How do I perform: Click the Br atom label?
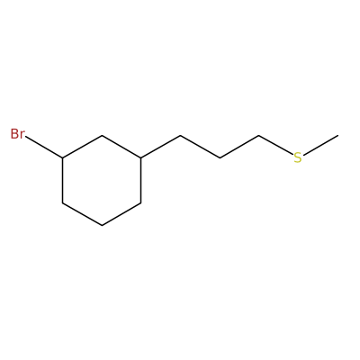point(17,134)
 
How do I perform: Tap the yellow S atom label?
point(298,157)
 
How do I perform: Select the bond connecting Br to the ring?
point(44,148)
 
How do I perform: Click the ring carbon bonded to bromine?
point(62,157)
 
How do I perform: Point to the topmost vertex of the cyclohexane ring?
point(102,136)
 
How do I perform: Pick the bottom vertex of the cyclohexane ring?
point(102,226)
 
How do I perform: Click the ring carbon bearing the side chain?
point(141,157)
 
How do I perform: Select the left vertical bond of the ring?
point(62,180)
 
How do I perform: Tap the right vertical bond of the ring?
point(141,180)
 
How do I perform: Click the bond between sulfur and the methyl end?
point(320,146)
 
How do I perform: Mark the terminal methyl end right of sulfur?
point(337,136)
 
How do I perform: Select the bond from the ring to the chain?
point(160,147)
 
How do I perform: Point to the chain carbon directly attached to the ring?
point(180,136)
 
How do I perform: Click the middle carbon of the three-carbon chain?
point(220,157)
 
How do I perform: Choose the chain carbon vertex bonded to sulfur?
point(259,136)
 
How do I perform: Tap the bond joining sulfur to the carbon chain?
point(276,146)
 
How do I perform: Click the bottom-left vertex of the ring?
point(62,203)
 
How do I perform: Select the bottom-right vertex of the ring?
point(141,203)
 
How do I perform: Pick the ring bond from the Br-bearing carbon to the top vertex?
point(82,147)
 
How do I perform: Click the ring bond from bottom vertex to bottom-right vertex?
point(121,214)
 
